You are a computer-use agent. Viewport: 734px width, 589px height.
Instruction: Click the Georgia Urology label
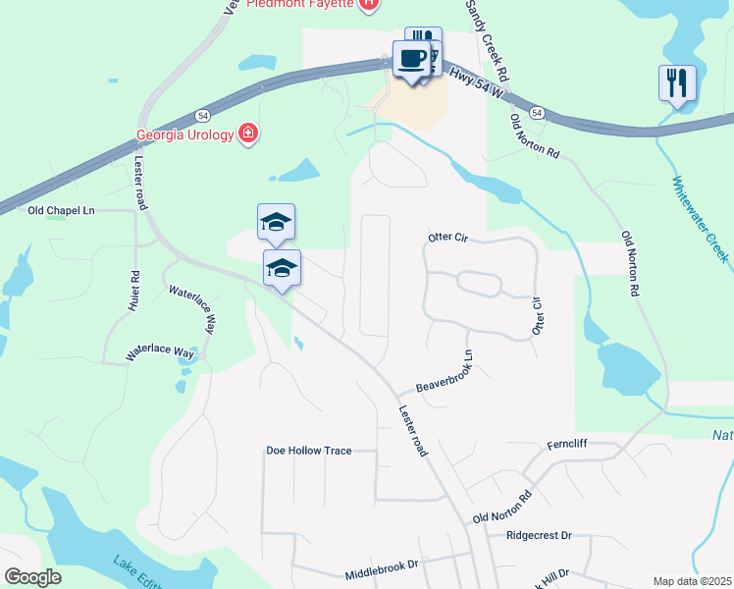click(x=184, y=134)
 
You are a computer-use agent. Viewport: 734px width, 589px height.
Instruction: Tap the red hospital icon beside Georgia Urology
click(x=248, y=134)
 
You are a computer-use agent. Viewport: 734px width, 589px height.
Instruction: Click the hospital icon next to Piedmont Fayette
click(x=368, y=5)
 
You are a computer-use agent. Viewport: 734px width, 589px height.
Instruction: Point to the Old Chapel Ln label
click(x=61, y=210)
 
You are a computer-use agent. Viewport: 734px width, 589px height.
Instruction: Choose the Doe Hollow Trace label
click(x=308, y=451)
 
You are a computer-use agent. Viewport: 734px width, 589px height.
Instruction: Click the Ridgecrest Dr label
click(x=539, y=536)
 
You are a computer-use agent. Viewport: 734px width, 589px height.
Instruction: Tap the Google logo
click(x=32, y=577)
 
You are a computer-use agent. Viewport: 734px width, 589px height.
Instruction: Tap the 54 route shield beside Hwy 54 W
click(x=537, y=113)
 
